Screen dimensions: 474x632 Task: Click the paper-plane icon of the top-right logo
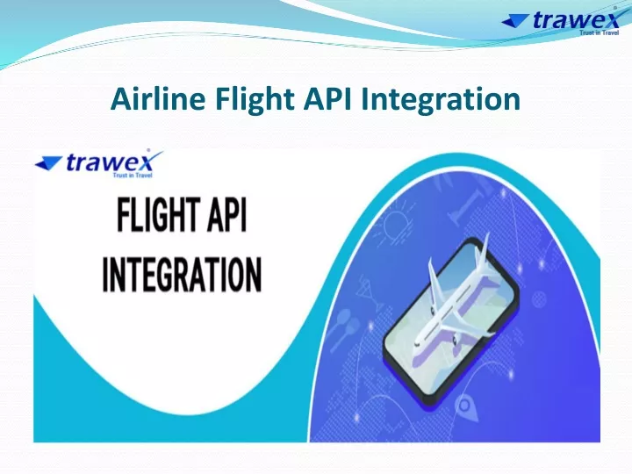[517, 20]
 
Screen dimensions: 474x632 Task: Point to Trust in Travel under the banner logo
[133, 176]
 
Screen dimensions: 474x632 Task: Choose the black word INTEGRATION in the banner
[183, 275]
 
